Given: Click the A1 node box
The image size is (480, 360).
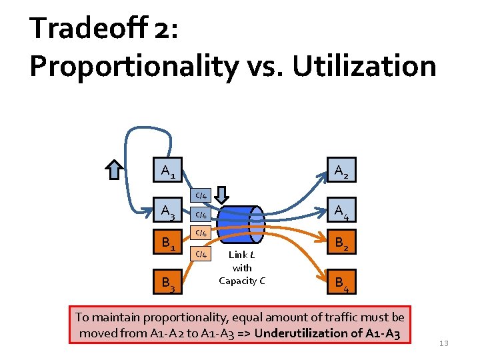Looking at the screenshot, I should pos(169,171).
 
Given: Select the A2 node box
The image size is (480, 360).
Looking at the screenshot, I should pos(340,171).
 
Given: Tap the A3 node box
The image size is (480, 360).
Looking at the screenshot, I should pos(169,212).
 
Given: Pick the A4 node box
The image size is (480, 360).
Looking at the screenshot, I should pos(340,212).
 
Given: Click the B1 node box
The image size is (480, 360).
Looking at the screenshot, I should pos(169,245).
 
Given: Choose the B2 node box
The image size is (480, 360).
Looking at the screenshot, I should pos(340,245).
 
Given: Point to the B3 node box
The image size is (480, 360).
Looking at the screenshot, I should pos(169,285).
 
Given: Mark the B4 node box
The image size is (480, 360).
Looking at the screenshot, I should pos(340,285).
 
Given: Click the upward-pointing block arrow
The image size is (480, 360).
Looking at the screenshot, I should pos(115,170).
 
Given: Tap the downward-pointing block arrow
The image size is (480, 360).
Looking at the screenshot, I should pos(223,195).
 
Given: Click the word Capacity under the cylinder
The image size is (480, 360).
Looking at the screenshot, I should pos(242,281).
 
